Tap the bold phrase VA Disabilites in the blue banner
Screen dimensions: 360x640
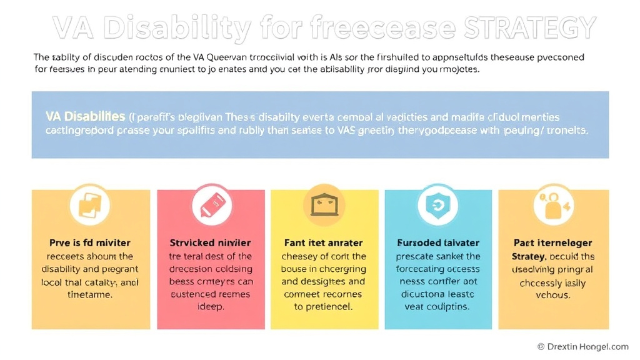coord(85,117)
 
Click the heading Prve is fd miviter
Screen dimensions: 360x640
coord(90,242)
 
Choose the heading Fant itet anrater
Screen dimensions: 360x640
coord(324,242)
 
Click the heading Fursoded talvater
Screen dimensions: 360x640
coord(438,242)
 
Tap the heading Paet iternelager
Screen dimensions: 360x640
coord(553,242)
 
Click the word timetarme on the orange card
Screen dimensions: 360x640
coord(90,295)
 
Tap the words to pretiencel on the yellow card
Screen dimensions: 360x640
coord(324,307)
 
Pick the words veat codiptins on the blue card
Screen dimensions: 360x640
coord(438,307)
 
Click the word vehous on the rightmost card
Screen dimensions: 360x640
coord(553,295)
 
